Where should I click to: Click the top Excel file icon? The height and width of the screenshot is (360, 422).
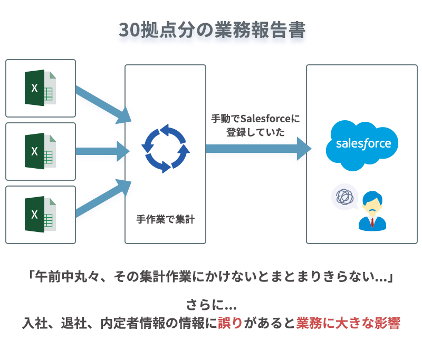[x=41, y=87]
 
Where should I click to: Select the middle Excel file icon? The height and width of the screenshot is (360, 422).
[x=41, y=151]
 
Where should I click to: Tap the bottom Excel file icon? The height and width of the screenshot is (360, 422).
[x=41, y=215]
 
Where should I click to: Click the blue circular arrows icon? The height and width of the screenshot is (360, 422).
[x=166, y=149]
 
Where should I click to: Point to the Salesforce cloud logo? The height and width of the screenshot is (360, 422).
[x=362, y=145]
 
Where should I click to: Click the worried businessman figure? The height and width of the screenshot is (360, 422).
[x=372, y=211]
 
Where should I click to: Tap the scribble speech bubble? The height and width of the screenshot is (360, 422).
[x=345, y=197]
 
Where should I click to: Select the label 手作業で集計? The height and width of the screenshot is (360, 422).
[x=166, y=219]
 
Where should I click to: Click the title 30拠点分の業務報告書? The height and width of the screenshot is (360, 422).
[x=212, y=30]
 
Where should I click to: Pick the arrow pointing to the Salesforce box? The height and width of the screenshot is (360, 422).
[x=258, y=149]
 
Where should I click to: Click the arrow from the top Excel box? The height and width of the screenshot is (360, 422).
[x=103, y=104]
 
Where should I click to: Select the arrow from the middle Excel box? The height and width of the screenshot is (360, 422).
[x=102, y=151]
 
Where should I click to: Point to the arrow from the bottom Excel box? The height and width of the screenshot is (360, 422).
[x=103, y=198]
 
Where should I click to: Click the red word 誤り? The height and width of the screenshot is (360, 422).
[x=231, y=323]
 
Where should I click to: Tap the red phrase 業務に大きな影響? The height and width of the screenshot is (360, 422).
[x=348, y=323]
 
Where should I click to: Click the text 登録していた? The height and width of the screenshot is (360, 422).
[x=255, y=132]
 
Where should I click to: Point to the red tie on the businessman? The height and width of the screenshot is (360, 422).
[x=372, y=222]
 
